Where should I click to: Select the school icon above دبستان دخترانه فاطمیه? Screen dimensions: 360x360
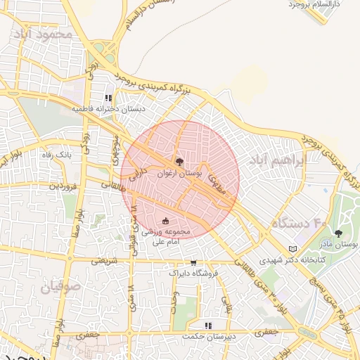click(x=108, y=98)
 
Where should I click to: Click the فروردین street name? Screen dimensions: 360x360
click(x=62, y=186)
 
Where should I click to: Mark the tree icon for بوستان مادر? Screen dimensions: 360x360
click(x=339, y=233)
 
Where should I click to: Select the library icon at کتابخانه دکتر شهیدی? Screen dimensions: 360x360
click(x=293, y=249)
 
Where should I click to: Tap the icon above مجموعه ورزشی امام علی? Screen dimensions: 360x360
click(x=166, y=221)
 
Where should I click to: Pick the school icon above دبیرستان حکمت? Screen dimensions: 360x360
click(x=207, y=326)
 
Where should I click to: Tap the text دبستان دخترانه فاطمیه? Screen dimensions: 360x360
click(x=117, y=110)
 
